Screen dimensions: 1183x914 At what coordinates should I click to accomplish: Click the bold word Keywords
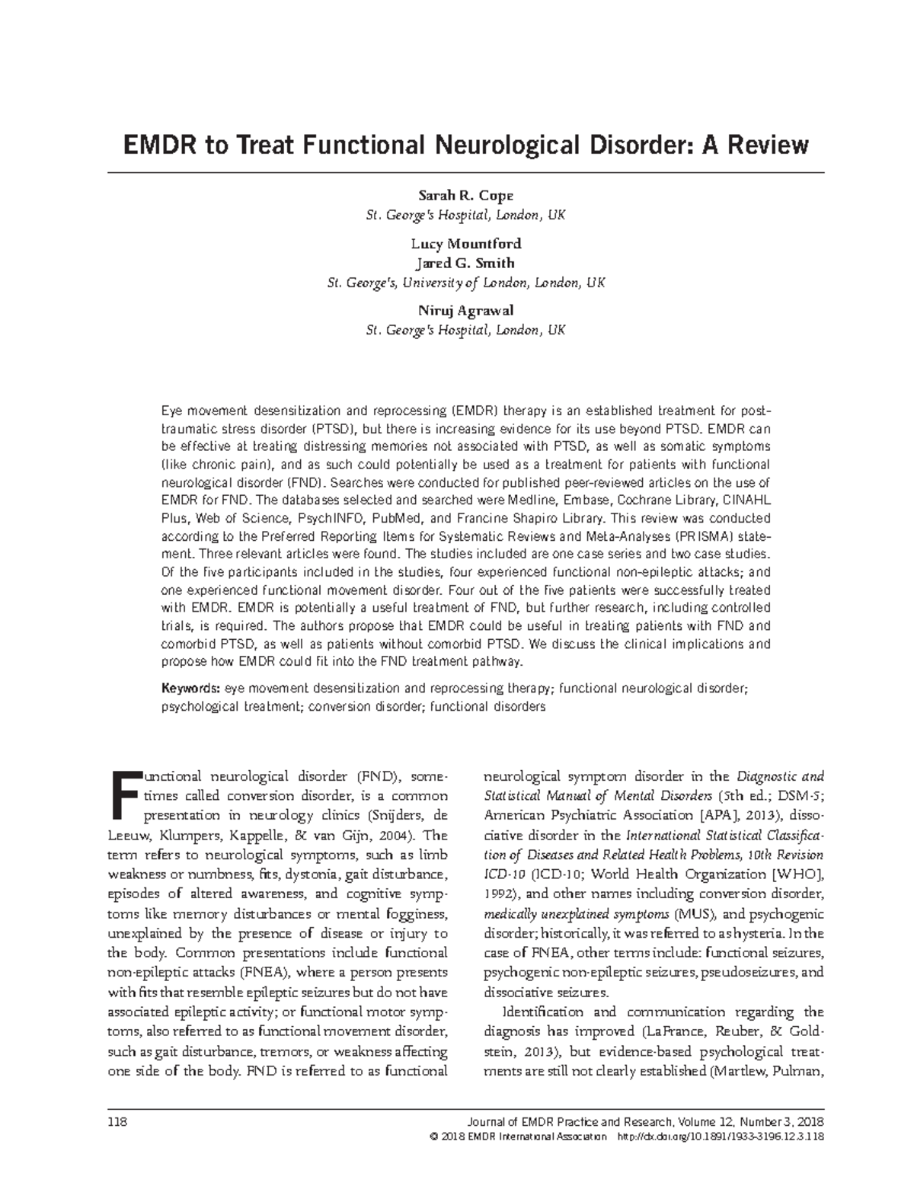[x=190, y=689]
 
